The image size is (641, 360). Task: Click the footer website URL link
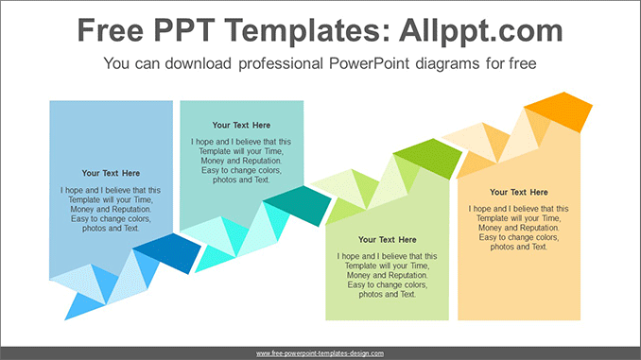(x=320, y=352)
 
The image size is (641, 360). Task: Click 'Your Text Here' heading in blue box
(x=111, y=173)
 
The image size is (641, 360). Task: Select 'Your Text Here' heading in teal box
(x=241, y=125)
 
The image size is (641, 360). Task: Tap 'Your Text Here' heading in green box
(x=387, y=239)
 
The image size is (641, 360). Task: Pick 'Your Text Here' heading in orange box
(x=519, y=192)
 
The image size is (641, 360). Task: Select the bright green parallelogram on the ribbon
(x=425, y=154)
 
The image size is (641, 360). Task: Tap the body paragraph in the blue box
(x=111, y=209)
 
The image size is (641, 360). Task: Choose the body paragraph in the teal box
(x=241, y=161)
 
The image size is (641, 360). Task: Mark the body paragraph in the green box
(x=387, y=275)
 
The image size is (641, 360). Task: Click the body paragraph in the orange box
(x=519, y=228)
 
